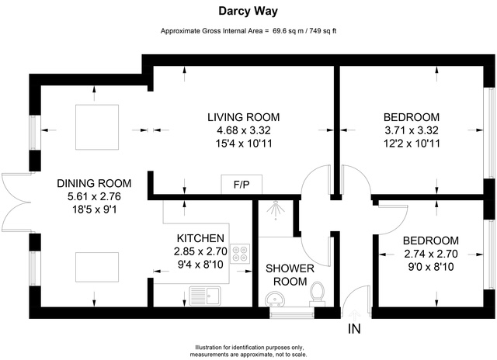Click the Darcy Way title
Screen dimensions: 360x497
pyautogui.click(x=248, y=12)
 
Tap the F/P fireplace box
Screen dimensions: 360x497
pyautogui.click(x=242, y=185)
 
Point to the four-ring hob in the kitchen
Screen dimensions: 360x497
pyautogui.click(x=242, y=254)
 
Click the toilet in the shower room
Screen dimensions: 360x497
pyautogui.click(x=317, y=293)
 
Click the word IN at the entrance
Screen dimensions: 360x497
pyautogui.click(x=354, y=329)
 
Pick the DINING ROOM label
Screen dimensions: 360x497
pyautogui.click(x=94, y=184)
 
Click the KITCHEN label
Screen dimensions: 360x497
pyautogui.click(x=200, y=237)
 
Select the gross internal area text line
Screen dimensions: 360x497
pyautogui.click(x=248, y=31)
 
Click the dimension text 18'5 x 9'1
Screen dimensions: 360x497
pyautogui.click(x=94, y=209)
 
